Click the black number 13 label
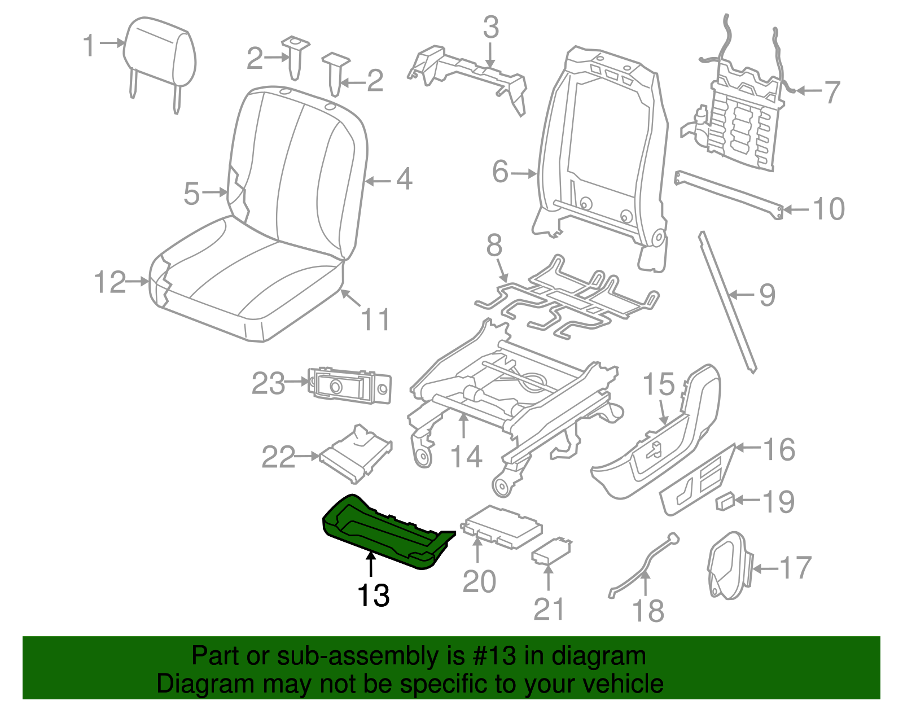[x=373, y=595]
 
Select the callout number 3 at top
[x=491, y=27]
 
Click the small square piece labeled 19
[x=725, y=501]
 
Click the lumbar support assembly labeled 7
[x=739, y=124]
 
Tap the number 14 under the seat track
[x=466, y=457]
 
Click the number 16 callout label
[x=779, y=450]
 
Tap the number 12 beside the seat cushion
[x=110, y=282]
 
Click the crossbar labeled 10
[x=728, y=192]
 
